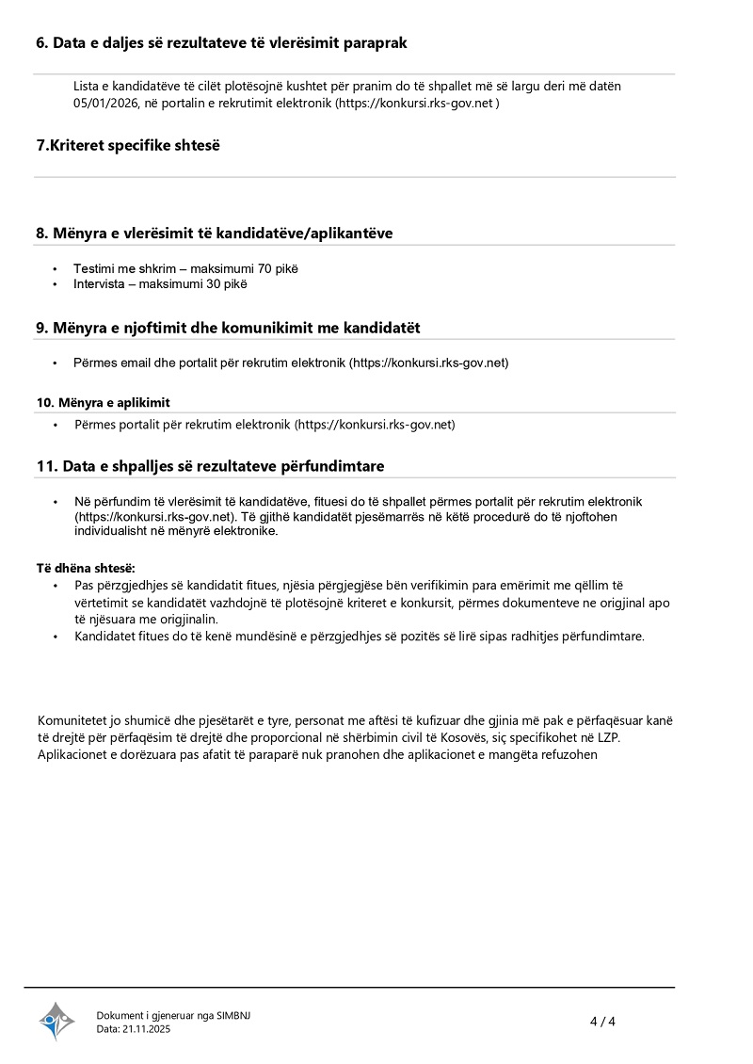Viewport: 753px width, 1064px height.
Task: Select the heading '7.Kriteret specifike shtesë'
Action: coord(128,145)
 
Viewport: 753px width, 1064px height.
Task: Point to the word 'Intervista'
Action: coord(99,283)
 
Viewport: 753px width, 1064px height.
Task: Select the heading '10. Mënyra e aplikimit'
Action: coord(104,402)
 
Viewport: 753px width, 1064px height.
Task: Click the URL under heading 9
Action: coord(429,362)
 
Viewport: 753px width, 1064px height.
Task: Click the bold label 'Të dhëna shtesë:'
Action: coord(86,569)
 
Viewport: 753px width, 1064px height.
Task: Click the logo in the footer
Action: coord(56,1021)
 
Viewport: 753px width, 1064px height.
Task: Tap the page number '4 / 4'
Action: coord(602,1022)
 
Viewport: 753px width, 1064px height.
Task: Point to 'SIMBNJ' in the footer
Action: coord(233,1015)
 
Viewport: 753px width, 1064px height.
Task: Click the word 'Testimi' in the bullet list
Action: coord(94,268)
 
